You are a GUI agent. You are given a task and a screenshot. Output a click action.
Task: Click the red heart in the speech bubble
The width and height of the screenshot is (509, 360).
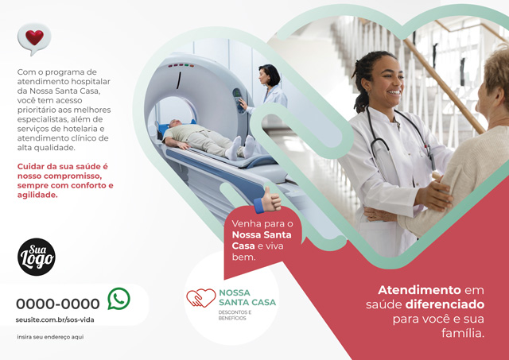click(34, 37)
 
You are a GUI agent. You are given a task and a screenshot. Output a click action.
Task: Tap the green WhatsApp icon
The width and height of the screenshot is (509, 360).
click(119, 299)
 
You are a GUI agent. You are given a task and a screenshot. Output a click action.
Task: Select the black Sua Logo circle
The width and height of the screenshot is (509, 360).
click(37, 257)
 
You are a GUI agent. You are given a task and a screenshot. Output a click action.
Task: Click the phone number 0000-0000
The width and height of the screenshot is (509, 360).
click(58, 304)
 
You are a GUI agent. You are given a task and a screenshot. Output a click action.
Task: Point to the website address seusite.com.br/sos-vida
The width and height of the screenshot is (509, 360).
click(55, 319)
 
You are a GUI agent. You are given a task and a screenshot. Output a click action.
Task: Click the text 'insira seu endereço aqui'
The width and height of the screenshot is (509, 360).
click(50, 337)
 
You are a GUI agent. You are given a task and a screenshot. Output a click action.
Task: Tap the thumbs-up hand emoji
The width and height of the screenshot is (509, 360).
click(268, 200)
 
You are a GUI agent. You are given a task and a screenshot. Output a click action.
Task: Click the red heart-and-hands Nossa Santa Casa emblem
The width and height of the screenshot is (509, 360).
click(201, 298)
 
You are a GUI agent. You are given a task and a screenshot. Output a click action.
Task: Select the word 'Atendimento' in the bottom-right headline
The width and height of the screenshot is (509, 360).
click(419, 289)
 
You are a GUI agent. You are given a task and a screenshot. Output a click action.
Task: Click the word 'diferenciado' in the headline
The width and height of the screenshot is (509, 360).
click(445, 304)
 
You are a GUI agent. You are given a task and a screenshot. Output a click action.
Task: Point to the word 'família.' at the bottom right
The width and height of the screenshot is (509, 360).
click(463, 333)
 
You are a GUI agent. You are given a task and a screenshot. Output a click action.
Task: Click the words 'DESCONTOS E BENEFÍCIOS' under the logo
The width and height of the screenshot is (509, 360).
click(235, 315)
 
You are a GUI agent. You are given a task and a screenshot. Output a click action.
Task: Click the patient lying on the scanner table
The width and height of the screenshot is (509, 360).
click(208, 140)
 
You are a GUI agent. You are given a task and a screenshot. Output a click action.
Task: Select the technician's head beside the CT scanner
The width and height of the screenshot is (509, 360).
click(270, 75)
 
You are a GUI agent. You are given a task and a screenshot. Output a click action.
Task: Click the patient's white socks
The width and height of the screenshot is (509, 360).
click(242, 147)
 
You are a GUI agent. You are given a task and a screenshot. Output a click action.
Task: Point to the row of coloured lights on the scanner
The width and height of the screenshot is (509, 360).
click(181, 65)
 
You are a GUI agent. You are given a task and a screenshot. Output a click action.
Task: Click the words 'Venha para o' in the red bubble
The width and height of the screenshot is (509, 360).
click(262, 223)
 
